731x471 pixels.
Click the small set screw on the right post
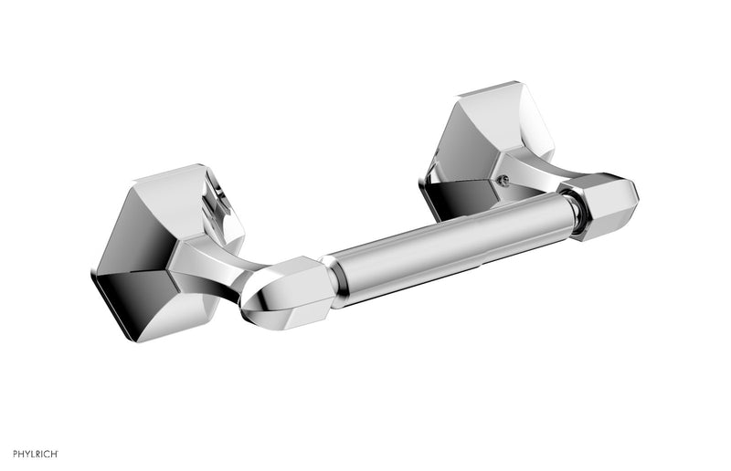coord(501,180)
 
